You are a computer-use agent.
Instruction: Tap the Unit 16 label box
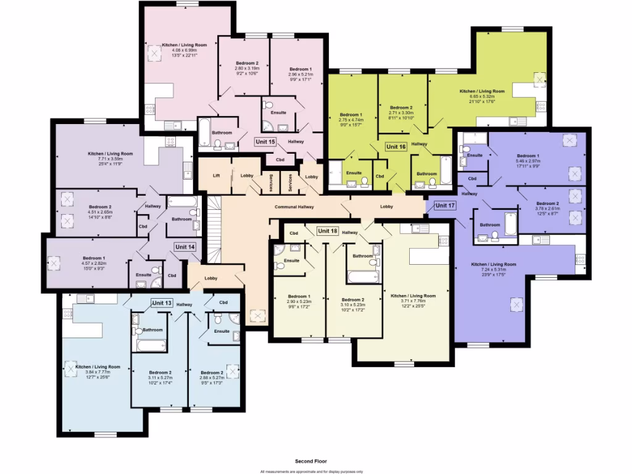click(x=396, y=147)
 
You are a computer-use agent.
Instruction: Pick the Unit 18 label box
click(x=327, y=231)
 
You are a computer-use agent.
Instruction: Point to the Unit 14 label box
click(x=185, y=247)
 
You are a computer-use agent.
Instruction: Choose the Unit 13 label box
click(x=162, y=303)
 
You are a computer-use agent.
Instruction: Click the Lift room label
click(x=216, y=176)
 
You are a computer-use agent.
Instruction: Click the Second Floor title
click(x=311, y=461)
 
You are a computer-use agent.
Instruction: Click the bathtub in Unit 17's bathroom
click(x=510, y=223)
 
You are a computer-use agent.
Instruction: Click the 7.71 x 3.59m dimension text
click(x=110, y=159)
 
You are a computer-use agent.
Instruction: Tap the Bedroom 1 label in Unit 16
click(x=351, y=115)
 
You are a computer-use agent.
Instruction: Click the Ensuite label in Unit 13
click(x=222, y=331)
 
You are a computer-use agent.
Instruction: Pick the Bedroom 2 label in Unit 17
click(x=547, y=204)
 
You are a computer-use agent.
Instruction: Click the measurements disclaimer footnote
click(x=311, y=472)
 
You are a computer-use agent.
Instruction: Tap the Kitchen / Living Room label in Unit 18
click(x=414, y=296)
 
